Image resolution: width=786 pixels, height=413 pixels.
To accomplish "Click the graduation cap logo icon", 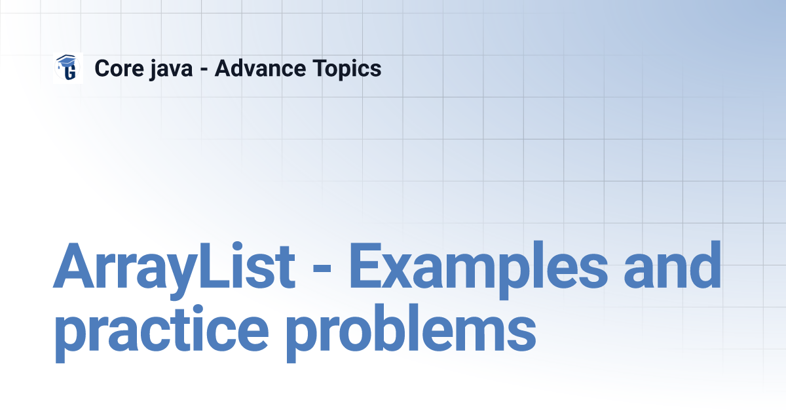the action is (68, 68).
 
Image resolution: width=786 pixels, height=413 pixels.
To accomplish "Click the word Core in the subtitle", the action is (119, 68).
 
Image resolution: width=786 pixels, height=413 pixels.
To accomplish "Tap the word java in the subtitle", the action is (171, 69).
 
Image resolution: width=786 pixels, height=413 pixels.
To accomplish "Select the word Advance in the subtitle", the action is (261, 68).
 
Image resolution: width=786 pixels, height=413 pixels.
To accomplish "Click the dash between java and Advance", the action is (204, 70).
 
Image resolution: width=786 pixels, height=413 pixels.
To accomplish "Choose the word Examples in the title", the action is (478, 269).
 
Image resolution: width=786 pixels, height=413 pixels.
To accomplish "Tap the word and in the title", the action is (673, 265).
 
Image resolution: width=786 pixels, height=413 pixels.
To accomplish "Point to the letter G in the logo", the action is (71, 72).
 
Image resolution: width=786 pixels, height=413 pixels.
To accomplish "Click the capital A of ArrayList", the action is (73, 265).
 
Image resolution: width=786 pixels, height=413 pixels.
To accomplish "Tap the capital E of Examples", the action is (365, 265).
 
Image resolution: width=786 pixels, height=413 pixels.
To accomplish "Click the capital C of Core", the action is (103, 68).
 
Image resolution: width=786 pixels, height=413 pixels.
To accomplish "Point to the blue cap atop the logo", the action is (66, 61).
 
